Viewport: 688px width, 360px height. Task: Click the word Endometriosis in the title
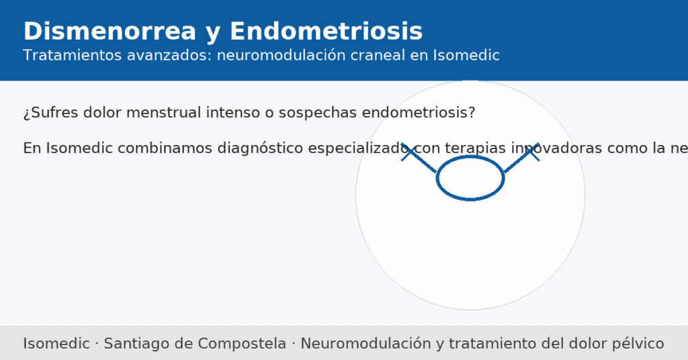tap(326, 32)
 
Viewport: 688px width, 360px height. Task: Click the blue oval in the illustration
tap(470, 178)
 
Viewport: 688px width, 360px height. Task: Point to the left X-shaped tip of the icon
tap(409, 152)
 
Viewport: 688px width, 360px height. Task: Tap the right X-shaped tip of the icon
tap(531, 152)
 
